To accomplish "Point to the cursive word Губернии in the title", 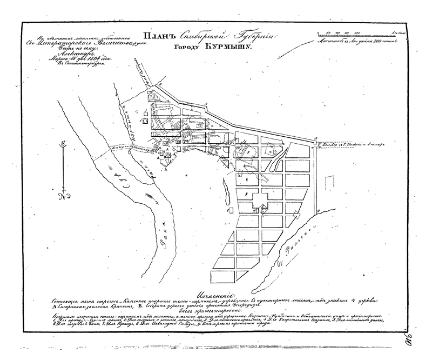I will pyautogui.click(x=253, y=36).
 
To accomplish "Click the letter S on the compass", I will pyautogui.click(x=63, y=144).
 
